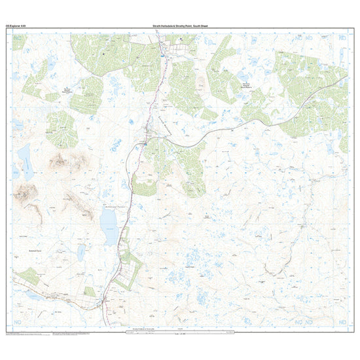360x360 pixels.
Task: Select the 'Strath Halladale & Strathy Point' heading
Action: coord(179,26)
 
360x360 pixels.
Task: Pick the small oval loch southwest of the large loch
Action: coord(81,253)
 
